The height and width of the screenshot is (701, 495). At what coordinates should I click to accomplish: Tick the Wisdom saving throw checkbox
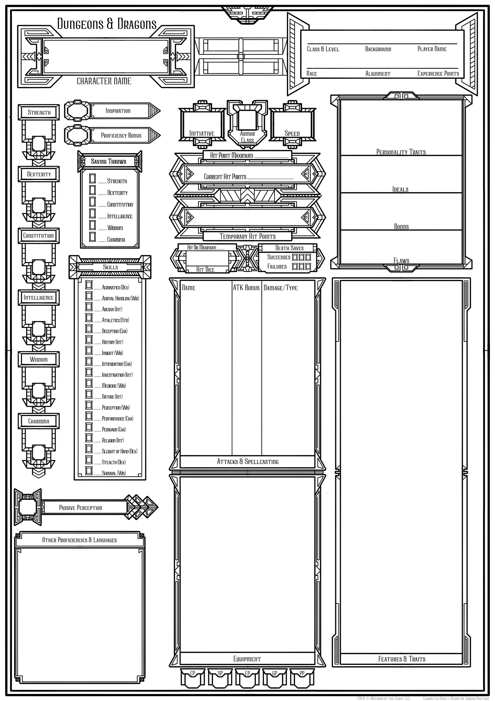[x=92, y=225]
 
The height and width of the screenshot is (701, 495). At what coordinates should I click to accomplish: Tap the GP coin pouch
[x=275, y=678]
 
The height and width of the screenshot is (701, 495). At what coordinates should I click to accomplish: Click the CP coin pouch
[x=192, y=678]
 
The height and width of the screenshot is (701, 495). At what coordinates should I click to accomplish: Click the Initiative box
[x=202, y=124]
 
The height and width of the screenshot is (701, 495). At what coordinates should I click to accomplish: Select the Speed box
[x=292, y=124]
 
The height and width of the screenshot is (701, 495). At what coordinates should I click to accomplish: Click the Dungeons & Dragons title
[x=107, y=24]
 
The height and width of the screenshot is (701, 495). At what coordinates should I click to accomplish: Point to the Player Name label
[x=432, y=49]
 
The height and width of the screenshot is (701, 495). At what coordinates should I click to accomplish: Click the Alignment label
[x=378, y=74]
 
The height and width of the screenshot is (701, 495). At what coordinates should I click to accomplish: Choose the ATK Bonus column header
[x=246, y=288]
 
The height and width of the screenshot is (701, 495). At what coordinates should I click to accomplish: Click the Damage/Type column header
[x=280, y=288]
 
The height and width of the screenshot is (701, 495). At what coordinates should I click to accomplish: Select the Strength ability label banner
[x=39, y=112]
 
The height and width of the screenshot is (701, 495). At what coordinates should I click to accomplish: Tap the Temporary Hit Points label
[x=247, y=236]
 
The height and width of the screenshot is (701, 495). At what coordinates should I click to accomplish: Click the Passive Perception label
[x=80, y=508]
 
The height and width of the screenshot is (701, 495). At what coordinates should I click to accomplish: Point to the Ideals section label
[x=400, y=189]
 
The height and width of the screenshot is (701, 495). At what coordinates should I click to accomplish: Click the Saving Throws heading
[x=109, y=162]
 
